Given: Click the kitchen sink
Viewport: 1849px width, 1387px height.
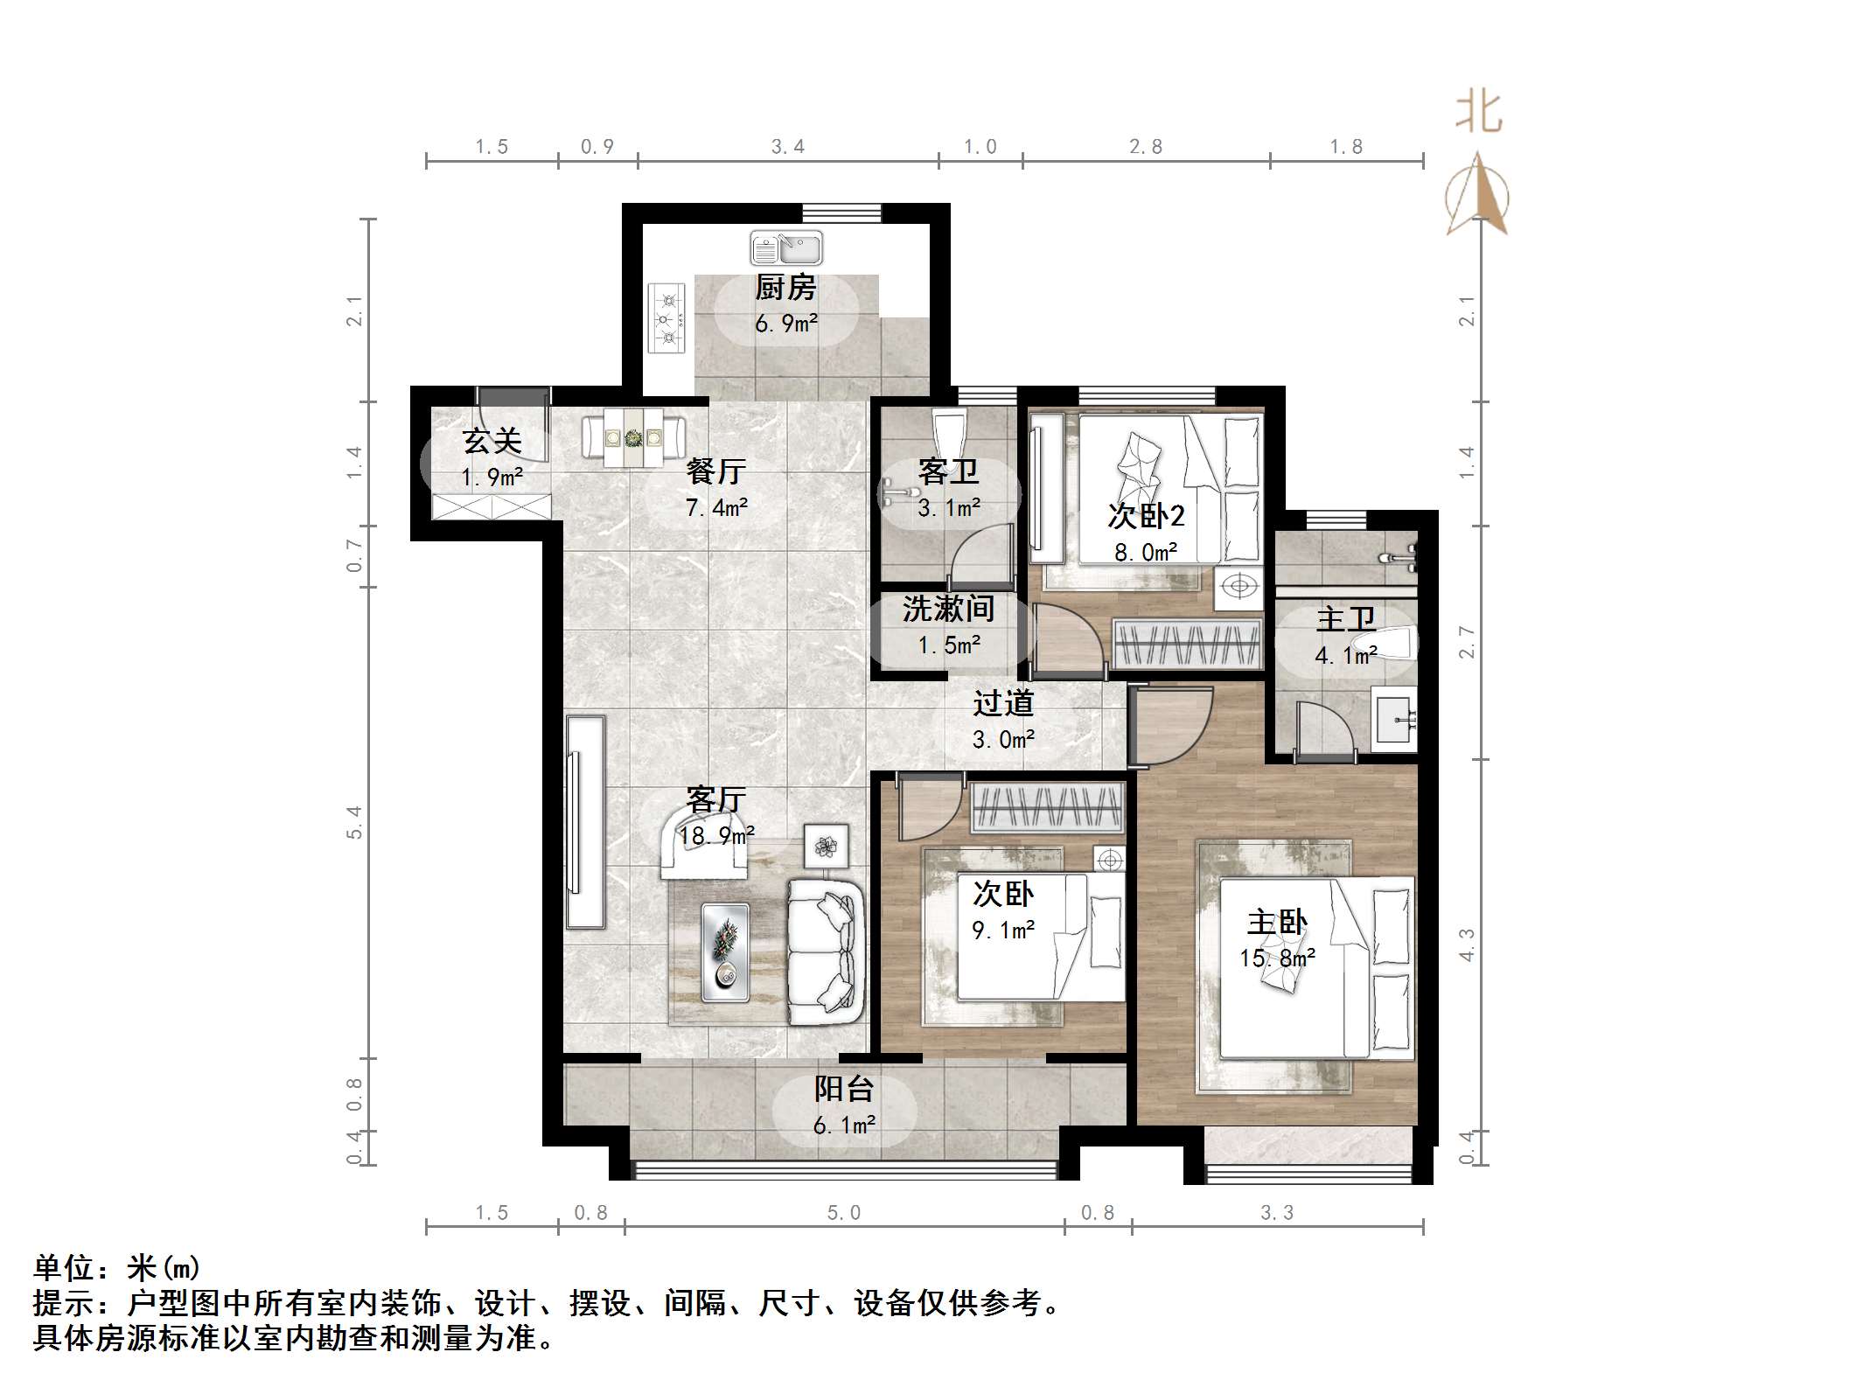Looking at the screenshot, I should (786, 248).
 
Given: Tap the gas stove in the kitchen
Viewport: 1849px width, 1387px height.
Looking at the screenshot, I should (669, 318).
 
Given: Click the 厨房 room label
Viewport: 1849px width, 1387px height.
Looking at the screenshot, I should (785, 288).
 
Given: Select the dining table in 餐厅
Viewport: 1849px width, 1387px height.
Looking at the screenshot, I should (634, 436).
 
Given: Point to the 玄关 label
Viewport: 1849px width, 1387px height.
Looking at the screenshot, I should (492, 441).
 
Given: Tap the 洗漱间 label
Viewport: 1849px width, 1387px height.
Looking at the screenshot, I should (948, 610).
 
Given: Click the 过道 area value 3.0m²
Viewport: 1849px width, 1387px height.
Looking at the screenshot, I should (1003, 740).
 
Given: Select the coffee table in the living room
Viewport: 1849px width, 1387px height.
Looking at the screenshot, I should (725, 952).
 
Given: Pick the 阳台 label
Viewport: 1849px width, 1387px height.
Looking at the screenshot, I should (844, 1089).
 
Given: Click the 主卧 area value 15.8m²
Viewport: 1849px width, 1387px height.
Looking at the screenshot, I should (1277, 958).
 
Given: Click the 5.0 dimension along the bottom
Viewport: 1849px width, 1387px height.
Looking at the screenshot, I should (844, 1213).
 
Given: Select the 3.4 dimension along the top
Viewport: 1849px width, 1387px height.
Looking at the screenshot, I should (787, 147).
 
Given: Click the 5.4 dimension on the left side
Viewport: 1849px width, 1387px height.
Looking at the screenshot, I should (354, 822).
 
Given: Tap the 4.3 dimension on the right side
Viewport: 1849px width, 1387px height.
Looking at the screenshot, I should (1467, 944).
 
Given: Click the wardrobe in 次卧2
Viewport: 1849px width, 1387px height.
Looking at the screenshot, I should (1187, 643).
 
